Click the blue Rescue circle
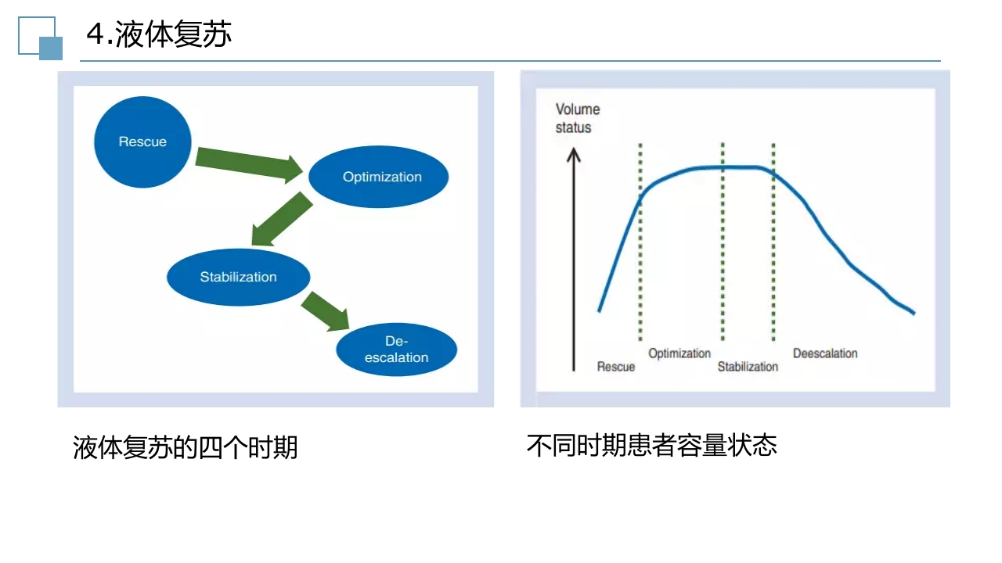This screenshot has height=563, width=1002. click(142, 142)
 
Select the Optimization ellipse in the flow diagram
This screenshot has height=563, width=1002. click(379, 177)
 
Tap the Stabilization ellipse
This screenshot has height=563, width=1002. click(239, 277)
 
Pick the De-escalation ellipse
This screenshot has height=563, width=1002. click(396, 350)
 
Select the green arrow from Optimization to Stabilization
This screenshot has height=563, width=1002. click(282, 219)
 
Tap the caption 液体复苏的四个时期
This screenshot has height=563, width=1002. click(186, 448)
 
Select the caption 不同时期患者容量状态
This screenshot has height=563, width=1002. click(651, 446)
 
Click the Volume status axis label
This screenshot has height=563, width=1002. click(577, 118)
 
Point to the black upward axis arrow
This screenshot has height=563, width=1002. click(574, 258)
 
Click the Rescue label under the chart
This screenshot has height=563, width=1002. click(616, 367)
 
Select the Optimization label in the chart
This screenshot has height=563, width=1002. click(679, 353)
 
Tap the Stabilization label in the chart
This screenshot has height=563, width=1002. click(748, 367)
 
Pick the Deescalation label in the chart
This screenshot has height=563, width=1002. click(825, 353)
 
